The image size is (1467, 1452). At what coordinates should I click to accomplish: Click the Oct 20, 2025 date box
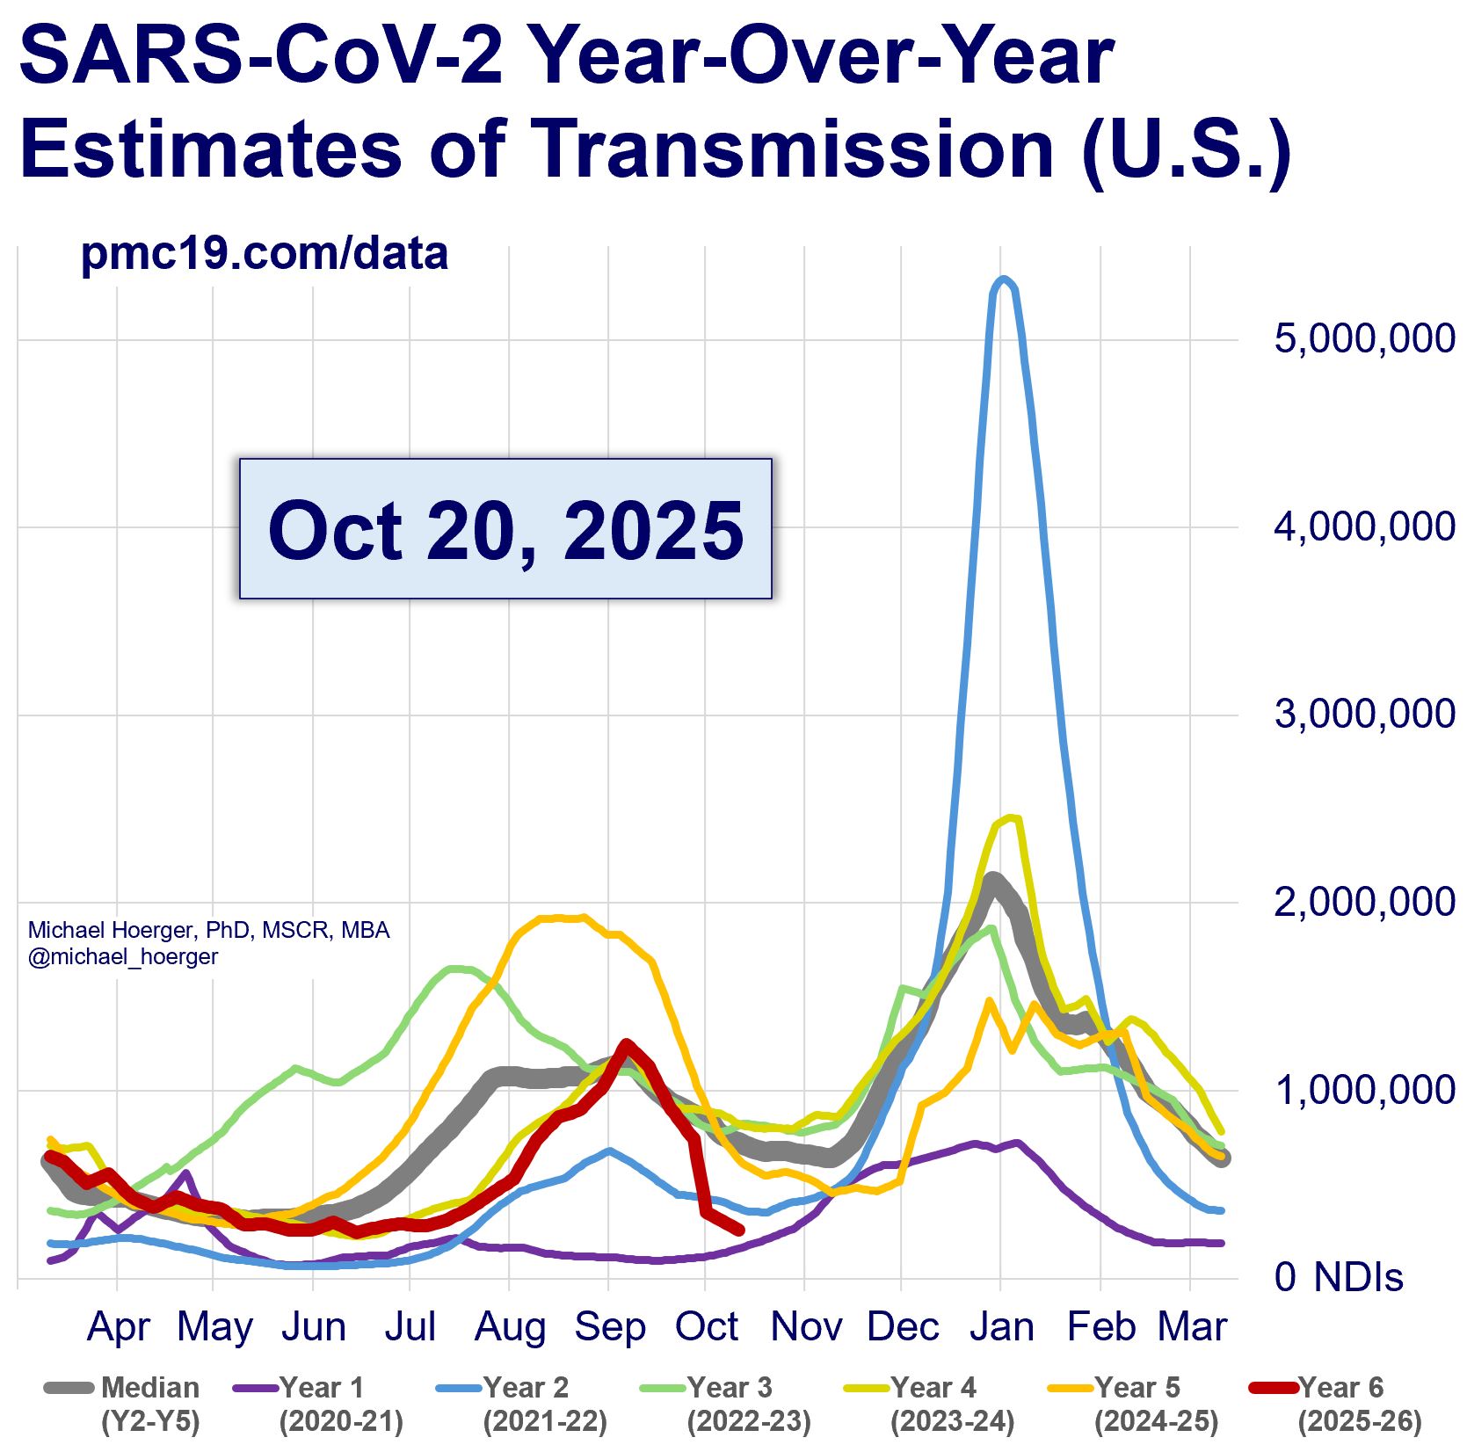point(505,529)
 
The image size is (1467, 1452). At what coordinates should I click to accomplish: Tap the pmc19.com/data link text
point(264,253)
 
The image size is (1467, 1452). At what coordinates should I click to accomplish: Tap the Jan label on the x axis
point(1001,1326)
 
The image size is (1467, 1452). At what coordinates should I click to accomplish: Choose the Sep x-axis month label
point(609,1326)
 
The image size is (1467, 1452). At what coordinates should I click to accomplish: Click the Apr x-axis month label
point(119,1326)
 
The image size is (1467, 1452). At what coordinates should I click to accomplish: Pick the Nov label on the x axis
point(805,1326)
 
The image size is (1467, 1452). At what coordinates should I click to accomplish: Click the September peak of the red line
point(626,1043)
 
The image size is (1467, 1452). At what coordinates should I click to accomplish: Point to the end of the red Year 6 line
point(740,1231)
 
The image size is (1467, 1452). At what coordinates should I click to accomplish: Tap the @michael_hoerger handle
point(123,956)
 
